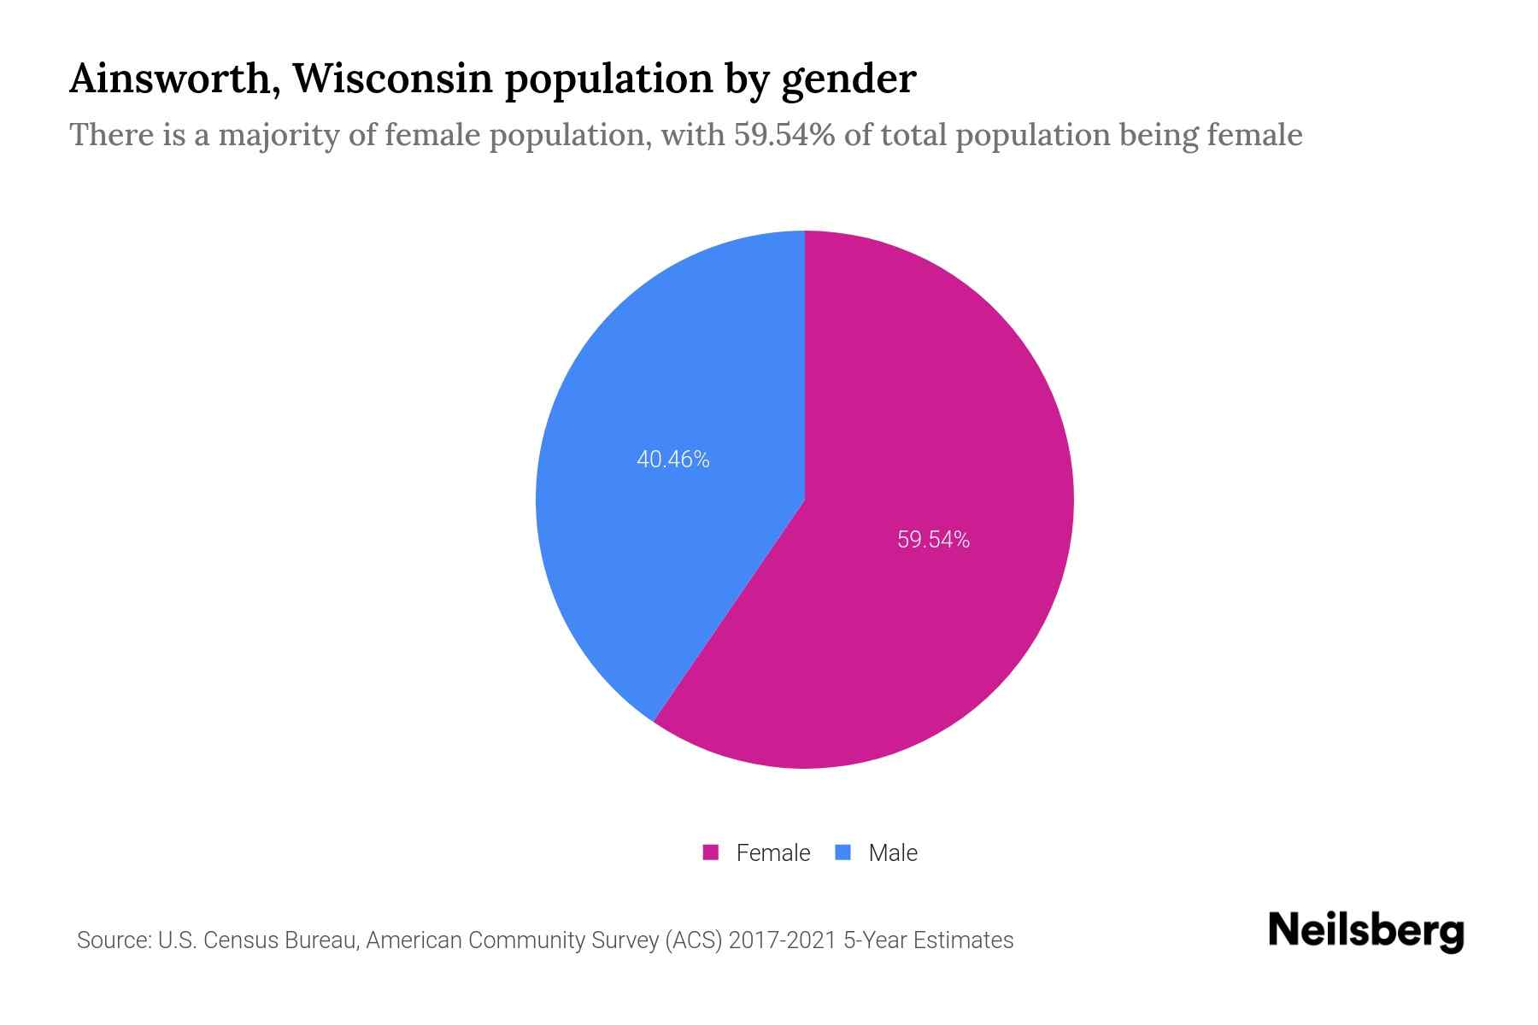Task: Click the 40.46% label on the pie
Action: (672, 460)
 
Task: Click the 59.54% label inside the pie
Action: (933, 540)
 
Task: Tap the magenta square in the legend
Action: (710, 852)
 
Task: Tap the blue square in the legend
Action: (842, 852)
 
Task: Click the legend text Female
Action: (772, 852)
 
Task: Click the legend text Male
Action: (892, 852)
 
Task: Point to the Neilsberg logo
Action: (1365, 931)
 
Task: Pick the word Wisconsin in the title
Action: (393, 79)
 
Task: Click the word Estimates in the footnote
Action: (963, 940)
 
